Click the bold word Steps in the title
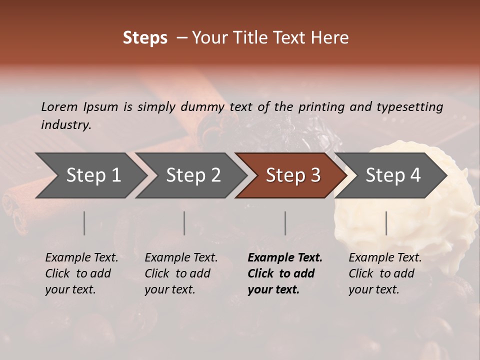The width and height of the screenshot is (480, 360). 145,38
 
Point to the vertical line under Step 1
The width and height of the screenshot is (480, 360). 84,223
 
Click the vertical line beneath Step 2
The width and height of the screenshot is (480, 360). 184,223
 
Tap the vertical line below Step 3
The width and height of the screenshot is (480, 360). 285,223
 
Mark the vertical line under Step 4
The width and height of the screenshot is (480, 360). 386,223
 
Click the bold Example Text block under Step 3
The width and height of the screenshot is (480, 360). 285,273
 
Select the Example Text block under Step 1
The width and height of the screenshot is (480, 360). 81,273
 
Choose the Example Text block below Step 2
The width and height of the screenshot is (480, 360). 181,273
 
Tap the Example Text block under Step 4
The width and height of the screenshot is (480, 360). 385,273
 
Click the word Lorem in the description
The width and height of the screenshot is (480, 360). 59,106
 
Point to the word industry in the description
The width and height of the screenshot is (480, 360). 65,125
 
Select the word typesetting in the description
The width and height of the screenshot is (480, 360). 409,106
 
